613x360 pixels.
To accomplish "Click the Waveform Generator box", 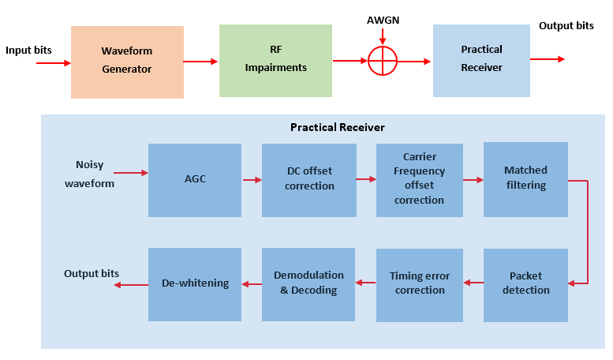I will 127,62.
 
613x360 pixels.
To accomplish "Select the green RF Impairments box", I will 275,60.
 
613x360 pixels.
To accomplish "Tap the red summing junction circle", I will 383,60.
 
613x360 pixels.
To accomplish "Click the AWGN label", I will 383,19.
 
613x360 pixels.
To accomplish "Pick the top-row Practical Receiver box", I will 481,60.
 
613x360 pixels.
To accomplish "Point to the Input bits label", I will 28,51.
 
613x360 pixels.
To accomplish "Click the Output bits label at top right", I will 566,26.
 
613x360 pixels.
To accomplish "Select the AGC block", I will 194,180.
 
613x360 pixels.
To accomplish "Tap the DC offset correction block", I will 309,180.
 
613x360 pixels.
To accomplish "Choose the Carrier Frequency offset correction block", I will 419,179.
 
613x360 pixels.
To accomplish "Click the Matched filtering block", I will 525,179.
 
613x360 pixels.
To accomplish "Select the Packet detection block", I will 525,284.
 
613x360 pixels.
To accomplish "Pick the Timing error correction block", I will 419,284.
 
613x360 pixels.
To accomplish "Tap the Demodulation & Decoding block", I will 309,284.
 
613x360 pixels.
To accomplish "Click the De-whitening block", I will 194,283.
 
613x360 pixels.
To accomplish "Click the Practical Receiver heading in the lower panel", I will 337,127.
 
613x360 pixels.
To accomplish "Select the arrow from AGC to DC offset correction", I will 252,180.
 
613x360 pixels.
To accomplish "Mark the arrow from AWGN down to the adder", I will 383,36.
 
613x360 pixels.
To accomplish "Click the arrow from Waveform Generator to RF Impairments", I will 201,61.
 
